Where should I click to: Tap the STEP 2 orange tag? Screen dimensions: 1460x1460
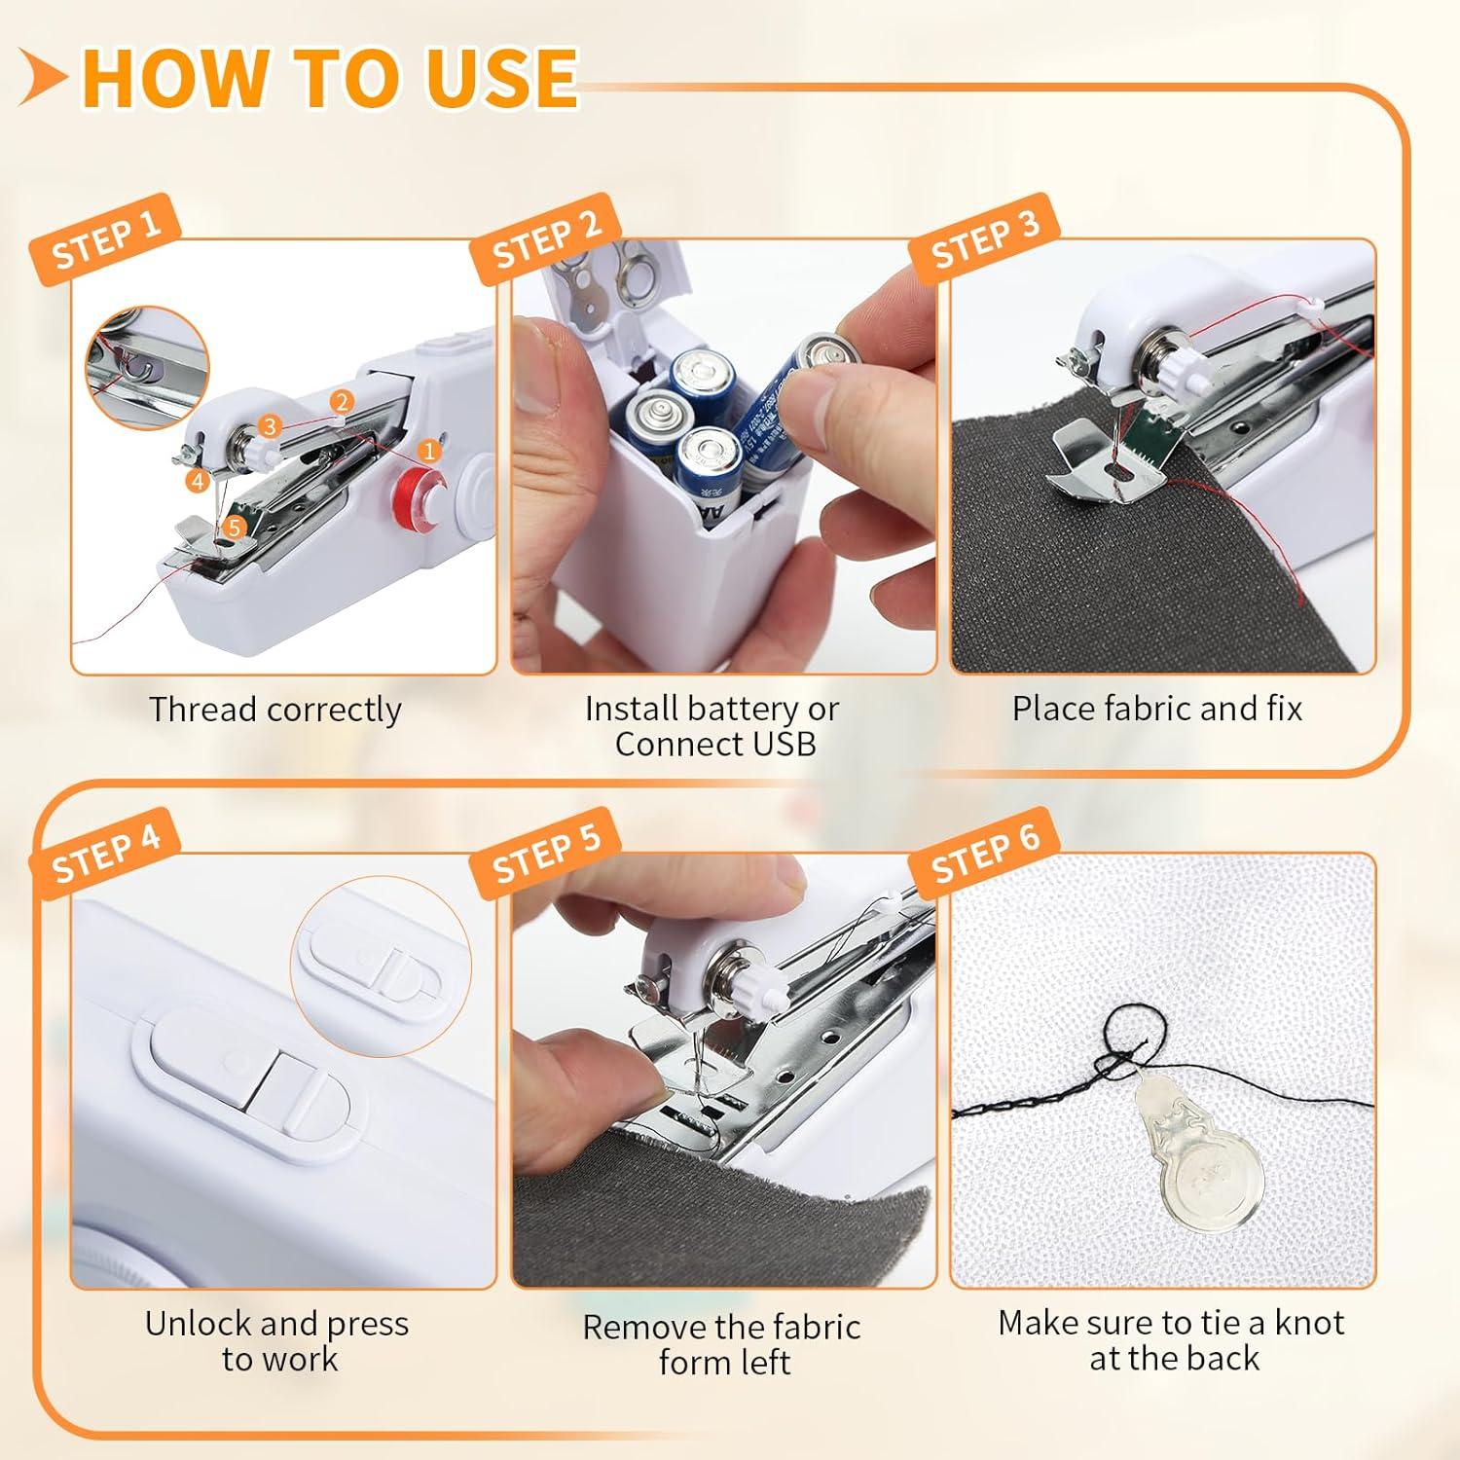545,239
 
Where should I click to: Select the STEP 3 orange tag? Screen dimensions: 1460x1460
984,238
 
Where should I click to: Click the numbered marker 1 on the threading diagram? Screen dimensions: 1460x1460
428,450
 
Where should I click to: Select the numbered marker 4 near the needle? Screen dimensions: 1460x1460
198,480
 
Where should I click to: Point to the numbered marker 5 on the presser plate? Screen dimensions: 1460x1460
234,527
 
